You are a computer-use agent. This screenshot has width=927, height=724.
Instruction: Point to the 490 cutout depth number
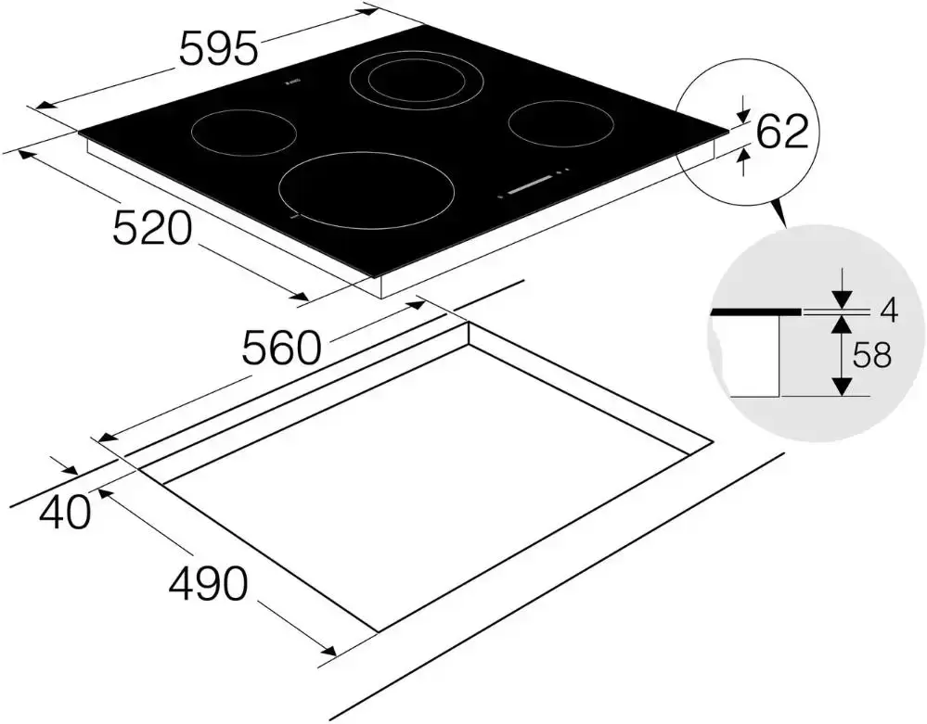point(208,583)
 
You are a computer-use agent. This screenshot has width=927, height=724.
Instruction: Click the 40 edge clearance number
point(66,512)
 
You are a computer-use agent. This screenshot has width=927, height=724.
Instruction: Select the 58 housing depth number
point(871,356)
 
